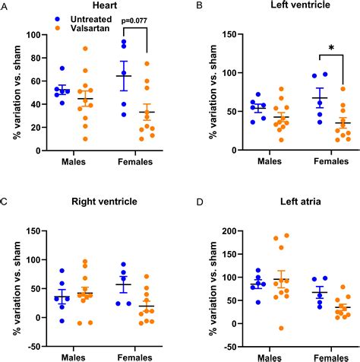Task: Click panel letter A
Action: (5, 6)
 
